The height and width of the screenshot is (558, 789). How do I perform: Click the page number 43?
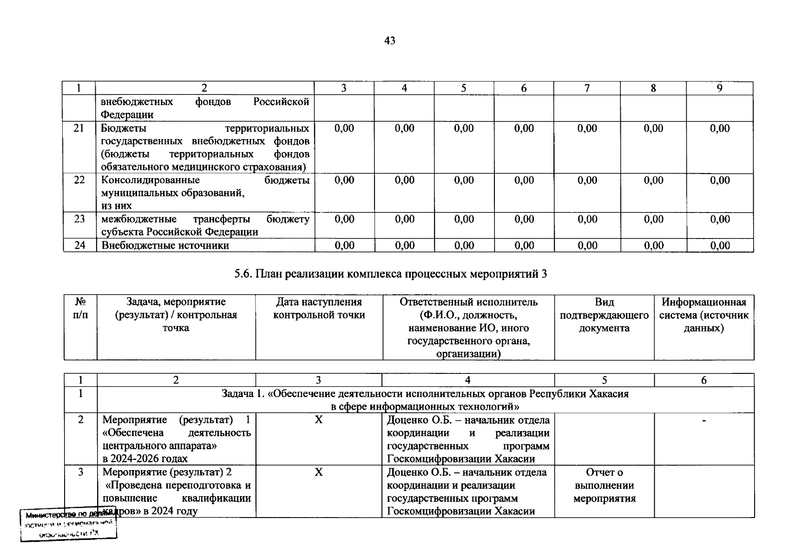390,41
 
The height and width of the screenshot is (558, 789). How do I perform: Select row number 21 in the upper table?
79,128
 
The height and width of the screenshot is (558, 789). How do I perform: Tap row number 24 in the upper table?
79,245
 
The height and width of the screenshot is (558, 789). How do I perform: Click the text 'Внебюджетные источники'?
165,245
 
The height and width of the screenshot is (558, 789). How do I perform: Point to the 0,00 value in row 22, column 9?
720,180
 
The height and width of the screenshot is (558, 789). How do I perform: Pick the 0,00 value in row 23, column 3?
344,219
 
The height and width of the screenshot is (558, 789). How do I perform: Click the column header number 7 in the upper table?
587,88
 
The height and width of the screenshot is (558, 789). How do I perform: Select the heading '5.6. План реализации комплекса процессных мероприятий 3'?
390,274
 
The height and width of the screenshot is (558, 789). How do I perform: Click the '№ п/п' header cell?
80,308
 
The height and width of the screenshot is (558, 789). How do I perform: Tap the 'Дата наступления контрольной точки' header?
319,308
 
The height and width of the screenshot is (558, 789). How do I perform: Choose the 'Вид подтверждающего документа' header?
604,315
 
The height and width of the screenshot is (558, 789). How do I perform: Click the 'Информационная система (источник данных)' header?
704,315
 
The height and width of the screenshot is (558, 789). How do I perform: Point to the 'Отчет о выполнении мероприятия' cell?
604,485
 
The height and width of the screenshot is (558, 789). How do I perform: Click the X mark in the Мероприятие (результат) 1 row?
318,420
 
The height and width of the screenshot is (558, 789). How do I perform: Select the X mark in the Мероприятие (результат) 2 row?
318,472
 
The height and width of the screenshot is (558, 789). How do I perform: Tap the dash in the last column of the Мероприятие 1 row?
704,420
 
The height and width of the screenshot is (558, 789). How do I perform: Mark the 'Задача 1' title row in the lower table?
425,400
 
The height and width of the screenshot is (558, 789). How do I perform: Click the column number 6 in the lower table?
704,380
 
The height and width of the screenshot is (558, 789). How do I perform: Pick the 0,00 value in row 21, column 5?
464,128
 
